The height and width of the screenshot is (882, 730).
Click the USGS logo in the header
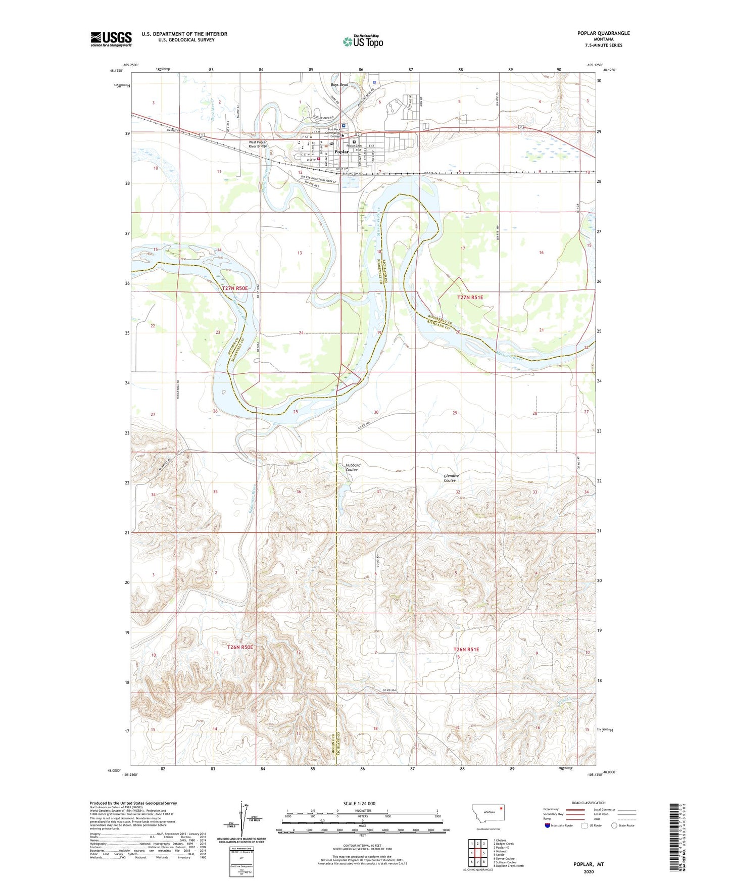click(111, 39)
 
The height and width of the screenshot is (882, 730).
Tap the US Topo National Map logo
click(362, 41)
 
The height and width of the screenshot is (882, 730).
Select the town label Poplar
click(342, 152)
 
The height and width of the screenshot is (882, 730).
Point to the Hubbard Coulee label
click(353, 467)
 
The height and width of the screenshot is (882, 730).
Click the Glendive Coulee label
click(451, 478)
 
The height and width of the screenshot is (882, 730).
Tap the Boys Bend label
click(339, 85)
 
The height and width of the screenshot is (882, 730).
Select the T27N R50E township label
click(235, 288)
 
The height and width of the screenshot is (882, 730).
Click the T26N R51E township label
click(466, 649)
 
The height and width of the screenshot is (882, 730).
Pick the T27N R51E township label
click(470, 298)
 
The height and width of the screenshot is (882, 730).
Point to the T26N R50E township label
click(239, 647)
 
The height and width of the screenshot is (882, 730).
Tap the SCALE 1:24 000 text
click(359, 803)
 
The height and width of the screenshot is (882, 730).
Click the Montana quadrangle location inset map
click(488, 814)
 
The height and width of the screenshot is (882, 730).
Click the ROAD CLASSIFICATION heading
click(589, 803)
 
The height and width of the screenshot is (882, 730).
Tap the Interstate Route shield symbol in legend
click(548, 825)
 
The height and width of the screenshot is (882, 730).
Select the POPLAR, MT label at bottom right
click(589, 864)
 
